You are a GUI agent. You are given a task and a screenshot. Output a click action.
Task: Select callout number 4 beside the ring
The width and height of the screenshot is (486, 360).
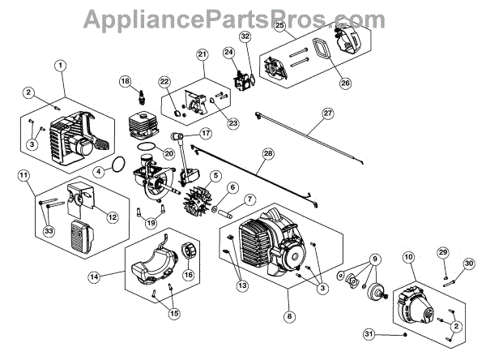click(x=97, y=172)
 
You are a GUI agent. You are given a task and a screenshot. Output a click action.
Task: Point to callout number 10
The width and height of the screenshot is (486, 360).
click(x=407, y=257)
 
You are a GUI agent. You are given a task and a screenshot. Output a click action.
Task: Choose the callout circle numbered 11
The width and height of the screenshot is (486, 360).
click(x=23, y=176)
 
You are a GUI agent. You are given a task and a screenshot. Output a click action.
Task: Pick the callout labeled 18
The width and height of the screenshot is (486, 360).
click(x=125, y=81)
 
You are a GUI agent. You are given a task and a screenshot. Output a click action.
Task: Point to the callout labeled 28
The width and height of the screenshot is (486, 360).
click(x=267, y=153)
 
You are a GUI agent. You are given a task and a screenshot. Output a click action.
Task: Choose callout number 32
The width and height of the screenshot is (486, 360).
click(x=245, y=36)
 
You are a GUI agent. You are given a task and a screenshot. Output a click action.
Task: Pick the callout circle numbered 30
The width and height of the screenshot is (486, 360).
click(x=468, y=264)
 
